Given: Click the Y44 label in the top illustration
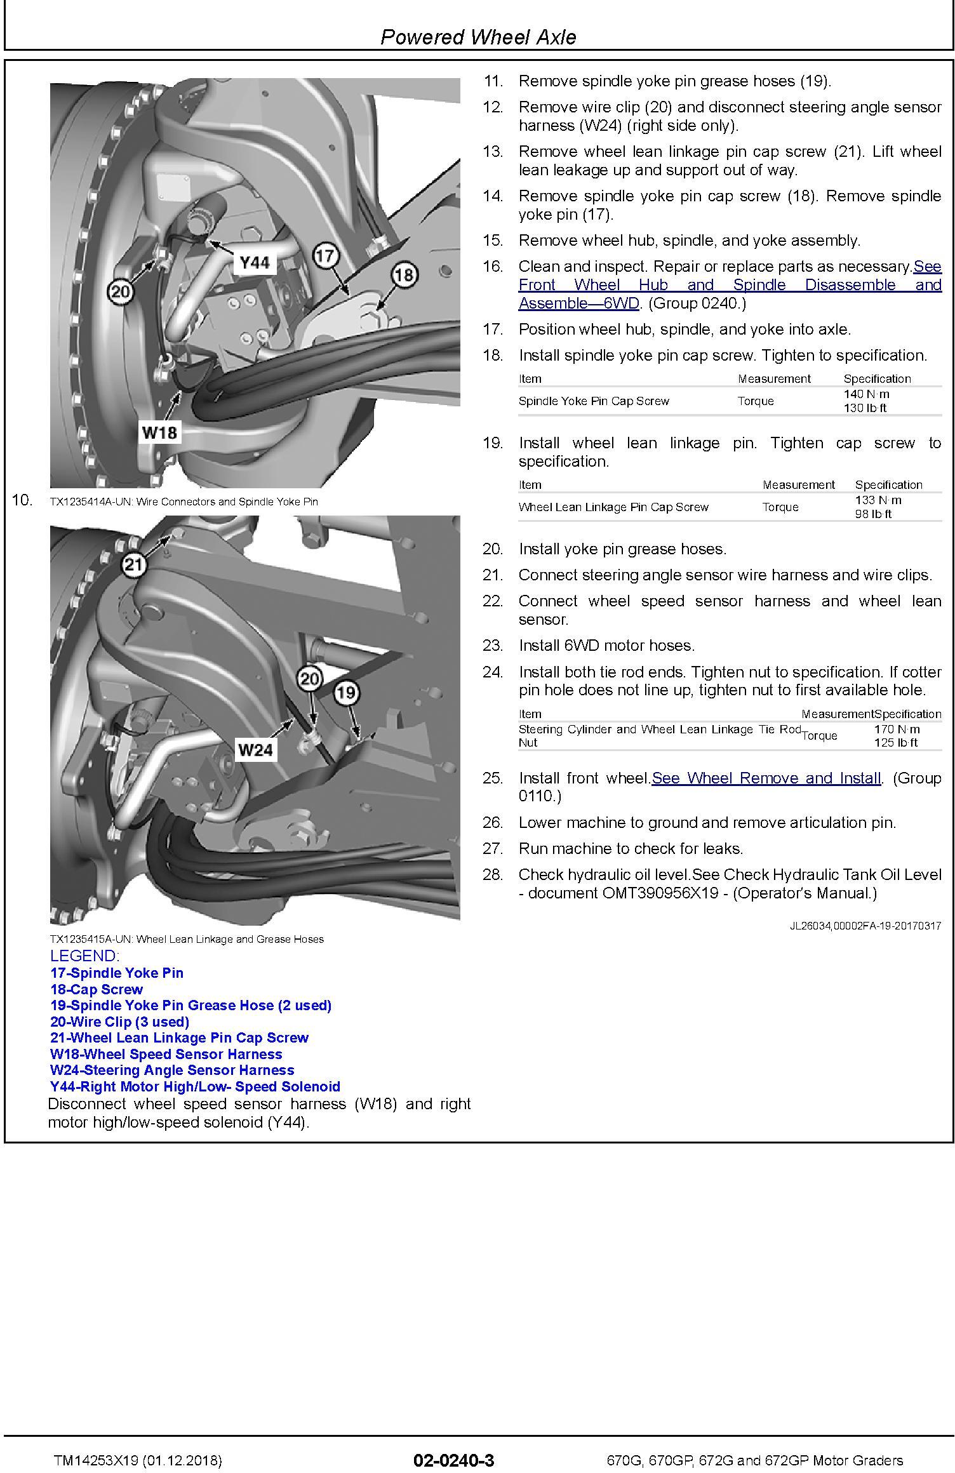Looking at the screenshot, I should (x=255, y=262).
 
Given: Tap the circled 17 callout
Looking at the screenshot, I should (x=324, y=256).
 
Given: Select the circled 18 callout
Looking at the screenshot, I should (x=404, y=275).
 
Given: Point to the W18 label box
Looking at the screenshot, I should (x=159, y=433).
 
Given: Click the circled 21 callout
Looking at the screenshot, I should (x=133, y=564).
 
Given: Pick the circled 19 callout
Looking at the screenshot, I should (x=346, y=692).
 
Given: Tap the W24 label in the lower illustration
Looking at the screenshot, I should (x=255, y=750).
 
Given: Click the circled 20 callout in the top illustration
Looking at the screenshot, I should (x=120, y=292).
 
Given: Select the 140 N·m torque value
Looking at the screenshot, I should (x=866, y=394).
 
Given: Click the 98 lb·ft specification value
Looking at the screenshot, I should (x=873, y=514).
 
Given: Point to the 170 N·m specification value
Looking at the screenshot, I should (x=897, y=730).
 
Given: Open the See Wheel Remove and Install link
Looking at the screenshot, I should (x=766, y=778).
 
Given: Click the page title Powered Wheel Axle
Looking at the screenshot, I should (x=478, y=37).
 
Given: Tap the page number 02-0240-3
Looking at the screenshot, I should (x=453, y=1460).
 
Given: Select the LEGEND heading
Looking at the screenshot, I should (x=84, y=956).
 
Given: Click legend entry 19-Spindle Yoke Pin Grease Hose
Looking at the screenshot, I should (x=190, y=1005).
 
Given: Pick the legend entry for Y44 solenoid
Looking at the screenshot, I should (x=195, y=1086).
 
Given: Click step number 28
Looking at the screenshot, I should (x=493, y=875).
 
